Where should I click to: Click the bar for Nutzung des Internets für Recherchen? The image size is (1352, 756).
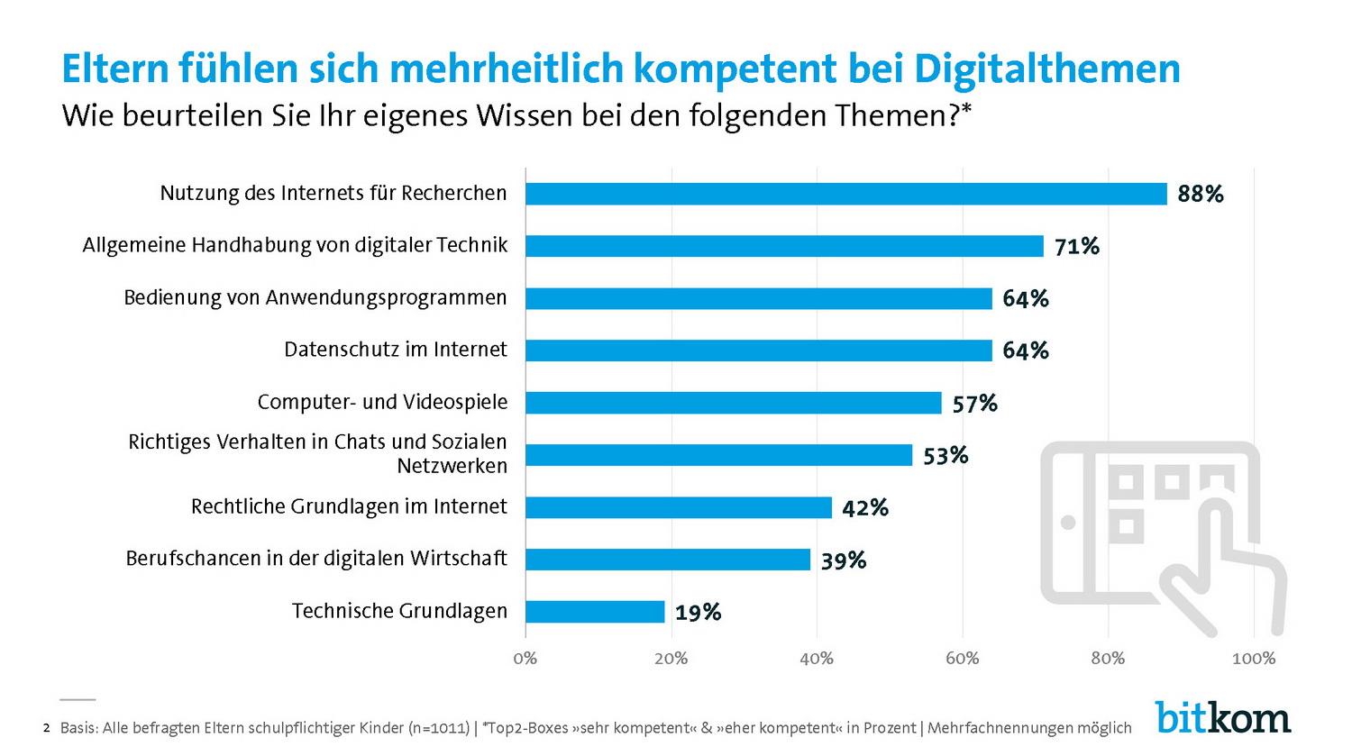click(x=845, y=194)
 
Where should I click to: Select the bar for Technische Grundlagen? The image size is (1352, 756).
click(x=595, y=612)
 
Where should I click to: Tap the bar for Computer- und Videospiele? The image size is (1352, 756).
click(x=733, y=403)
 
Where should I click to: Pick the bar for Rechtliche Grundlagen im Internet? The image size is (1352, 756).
click(x=678, y=507)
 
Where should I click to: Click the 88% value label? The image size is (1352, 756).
click(x=1200, y=194)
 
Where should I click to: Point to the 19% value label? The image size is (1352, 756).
click(x=698, y=613)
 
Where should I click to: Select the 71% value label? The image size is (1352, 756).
click(x=1076, y=246)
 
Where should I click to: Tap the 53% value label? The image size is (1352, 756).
click(x=945, y=456)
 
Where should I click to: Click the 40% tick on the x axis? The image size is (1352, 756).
click(x=817, y=659)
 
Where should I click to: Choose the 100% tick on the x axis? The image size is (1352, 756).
click(x=1253, y=659)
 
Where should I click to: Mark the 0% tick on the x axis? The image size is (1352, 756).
click(x=525, y=659)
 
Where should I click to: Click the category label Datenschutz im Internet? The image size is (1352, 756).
click(x=395, y=350)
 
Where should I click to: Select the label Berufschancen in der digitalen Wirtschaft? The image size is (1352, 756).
click(x=316, y=559)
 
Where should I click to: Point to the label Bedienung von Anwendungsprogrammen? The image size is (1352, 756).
click(x=315, y=298)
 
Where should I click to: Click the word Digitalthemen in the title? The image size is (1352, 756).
click(x=1046, y=68)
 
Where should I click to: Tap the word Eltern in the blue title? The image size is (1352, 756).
click(x=114, y=68)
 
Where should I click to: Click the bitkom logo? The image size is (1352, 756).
click(x=1222, y=718)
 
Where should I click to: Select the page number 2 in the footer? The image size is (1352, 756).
click(x=46, y=728)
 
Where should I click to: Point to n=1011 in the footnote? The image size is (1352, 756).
click(x=440, y=728)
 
